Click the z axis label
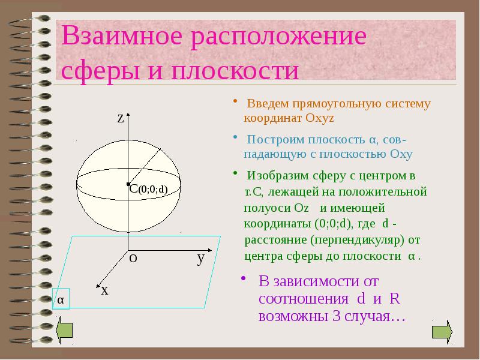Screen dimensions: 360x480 [x=121, y=118]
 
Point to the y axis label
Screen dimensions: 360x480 [x=201, y=259]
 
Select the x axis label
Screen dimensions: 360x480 [x=104, y=290]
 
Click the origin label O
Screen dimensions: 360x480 [x=134, y=258]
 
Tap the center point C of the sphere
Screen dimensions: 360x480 [x=128, y=184]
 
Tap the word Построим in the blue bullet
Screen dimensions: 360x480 [x=273, y=140]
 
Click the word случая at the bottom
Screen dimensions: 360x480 [x=372, y=316]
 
